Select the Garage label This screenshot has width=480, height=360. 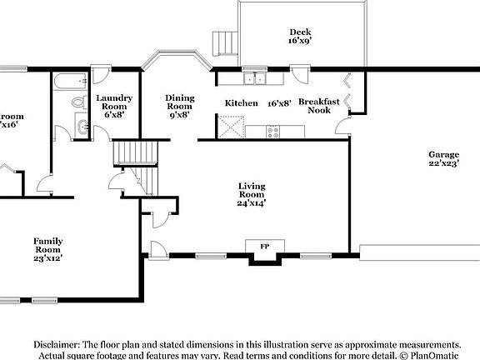(x=442, y=155)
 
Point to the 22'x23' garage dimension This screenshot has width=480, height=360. (x=442, y=165)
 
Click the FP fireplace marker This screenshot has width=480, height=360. (x=265, y=247)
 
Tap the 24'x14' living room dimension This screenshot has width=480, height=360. (x=252, y=202)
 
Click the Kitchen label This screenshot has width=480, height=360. (x=241, y=104)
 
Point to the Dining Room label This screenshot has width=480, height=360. (x=179, y=102)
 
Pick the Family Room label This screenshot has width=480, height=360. (x=47, y=245)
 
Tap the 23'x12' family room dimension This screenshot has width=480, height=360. (x=47, y=258)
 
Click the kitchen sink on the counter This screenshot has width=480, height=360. (x=256, y=79)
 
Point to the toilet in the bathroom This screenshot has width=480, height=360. (x=77, y=102)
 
